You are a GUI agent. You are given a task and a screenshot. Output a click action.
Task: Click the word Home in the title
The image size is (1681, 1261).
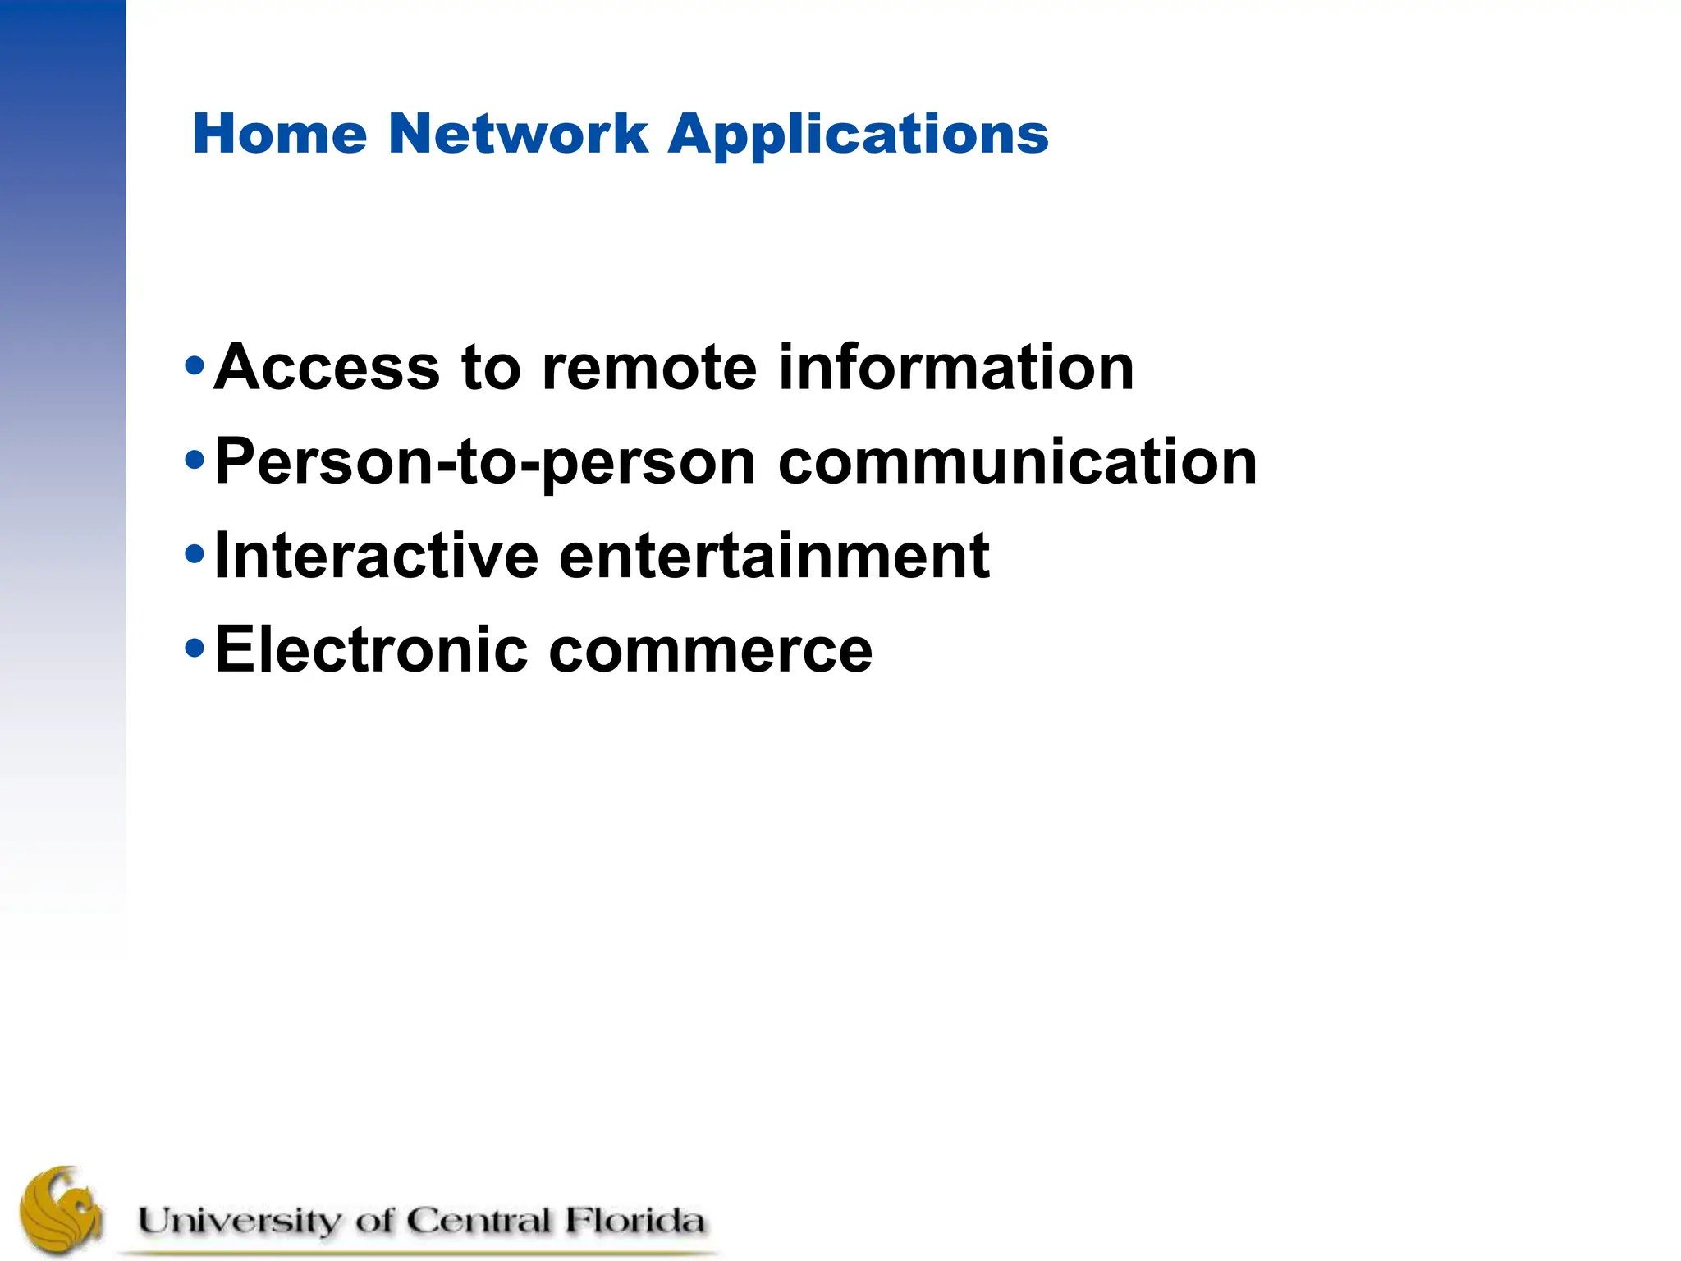click(x=279, y=134)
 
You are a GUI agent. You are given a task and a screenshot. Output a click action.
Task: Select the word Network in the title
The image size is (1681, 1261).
click(x=519, y=134)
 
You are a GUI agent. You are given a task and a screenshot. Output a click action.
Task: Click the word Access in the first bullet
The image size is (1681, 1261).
click(x=327, y=367)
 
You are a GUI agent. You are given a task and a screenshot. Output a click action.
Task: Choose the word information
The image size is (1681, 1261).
click(x=956, y=367)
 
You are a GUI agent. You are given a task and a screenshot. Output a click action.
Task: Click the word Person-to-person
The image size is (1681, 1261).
click(x=485, y=463)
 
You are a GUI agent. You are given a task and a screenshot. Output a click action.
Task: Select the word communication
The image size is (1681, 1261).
click(x=1018, y=461)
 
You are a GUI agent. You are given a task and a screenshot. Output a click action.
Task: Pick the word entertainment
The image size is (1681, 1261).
click(x=775, y=556)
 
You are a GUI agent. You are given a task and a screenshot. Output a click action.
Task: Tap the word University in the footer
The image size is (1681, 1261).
click(x=238, y=1221)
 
